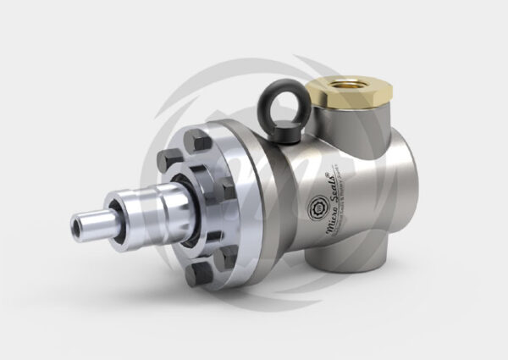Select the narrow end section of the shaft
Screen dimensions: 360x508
92,219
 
